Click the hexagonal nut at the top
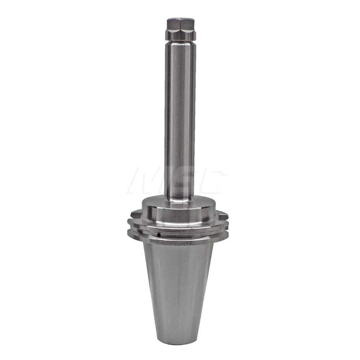pyautogui.click(x=180, y=24)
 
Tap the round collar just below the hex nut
pyautogui.click(x=180, y=35)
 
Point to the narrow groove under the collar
pyautogui.click(x=180, y=42)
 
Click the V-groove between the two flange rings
pyautogui.click(x=180, y=231)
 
